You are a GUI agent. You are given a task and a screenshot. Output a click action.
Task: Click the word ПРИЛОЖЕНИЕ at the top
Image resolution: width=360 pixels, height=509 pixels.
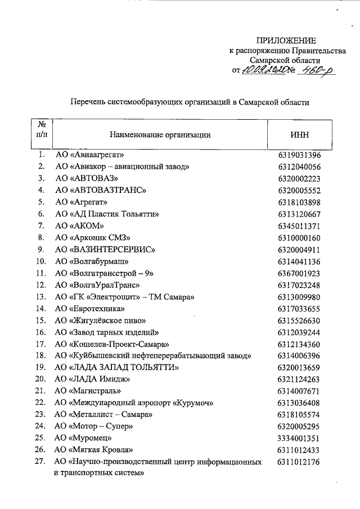[286, 40]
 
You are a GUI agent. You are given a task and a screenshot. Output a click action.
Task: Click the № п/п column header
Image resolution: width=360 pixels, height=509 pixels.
[41, 130]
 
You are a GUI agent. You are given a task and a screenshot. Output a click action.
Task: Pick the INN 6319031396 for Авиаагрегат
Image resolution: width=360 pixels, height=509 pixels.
[299, 155]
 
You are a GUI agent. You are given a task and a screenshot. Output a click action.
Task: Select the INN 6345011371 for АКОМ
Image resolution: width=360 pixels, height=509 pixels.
[299, 226]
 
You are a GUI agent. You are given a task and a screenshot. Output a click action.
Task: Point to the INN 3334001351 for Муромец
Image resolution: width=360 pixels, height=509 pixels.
[299, 438]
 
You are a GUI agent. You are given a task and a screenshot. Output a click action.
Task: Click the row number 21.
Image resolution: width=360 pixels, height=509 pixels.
[40, 391]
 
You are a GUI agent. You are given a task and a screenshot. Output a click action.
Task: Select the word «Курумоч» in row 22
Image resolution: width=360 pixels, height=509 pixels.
[195, 403]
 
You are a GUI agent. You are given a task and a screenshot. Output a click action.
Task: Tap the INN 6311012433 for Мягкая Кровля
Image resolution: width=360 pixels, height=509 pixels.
[299, 449]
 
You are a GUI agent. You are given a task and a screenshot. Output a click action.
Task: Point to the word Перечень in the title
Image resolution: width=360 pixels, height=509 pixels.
[85, 103]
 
